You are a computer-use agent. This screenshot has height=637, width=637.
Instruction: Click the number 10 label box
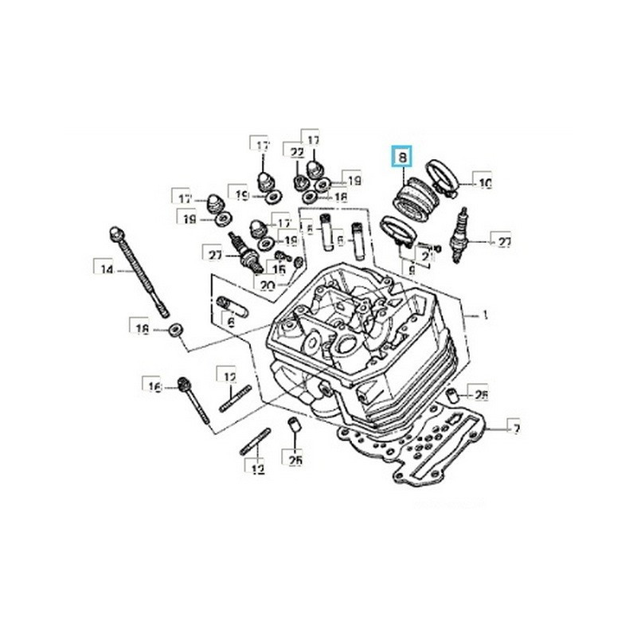click(x=483, y=184)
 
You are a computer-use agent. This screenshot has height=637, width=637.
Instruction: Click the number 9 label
click(x=412, y=271)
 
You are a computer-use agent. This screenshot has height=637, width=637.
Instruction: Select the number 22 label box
click(x=297, y=152)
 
